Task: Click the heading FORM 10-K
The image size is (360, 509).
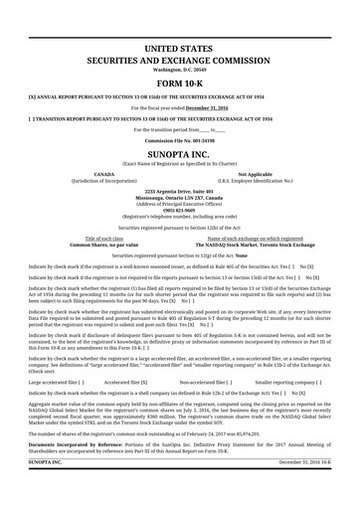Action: coord(180,84)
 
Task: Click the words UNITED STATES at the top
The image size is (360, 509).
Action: coord(180,48)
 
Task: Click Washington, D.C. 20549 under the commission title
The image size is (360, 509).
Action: coord(180,70)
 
